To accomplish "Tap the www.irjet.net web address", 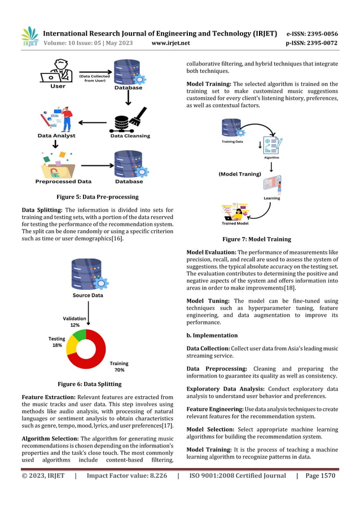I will [x=171, y=43].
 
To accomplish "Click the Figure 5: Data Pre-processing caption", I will [x=98, y=197].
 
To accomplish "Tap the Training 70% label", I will [x=119, y=367].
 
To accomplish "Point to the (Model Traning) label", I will [x=240, y=174].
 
